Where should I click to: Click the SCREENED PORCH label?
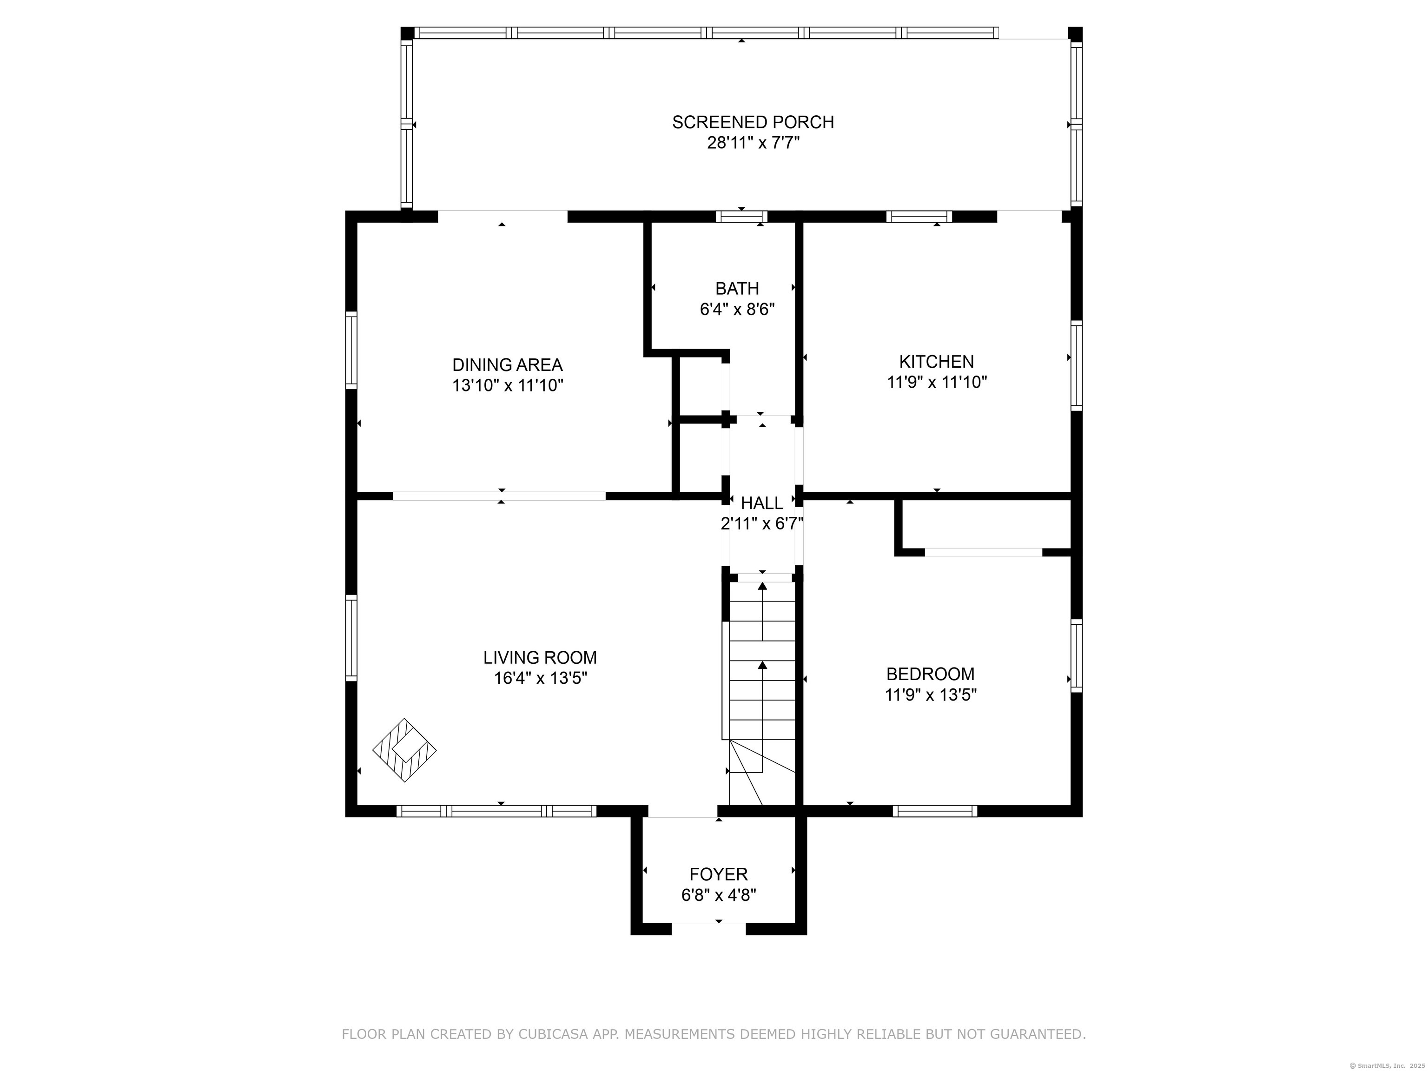[753, 122]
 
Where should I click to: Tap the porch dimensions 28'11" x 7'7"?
[754, 143]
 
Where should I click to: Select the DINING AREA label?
[508, 365]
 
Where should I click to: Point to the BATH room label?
[737, 289]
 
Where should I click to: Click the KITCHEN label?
[937, 362]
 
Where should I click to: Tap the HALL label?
[762, 503]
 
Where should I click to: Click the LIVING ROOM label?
[540, 658]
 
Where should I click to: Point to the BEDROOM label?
[930, 674]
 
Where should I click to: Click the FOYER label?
[719, 875]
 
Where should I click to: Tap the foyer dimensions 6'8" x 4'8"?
[719, 895]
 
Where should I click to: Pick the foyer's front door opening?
[709, 929]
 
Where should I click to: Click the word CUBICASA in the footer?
[553, 1034]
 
